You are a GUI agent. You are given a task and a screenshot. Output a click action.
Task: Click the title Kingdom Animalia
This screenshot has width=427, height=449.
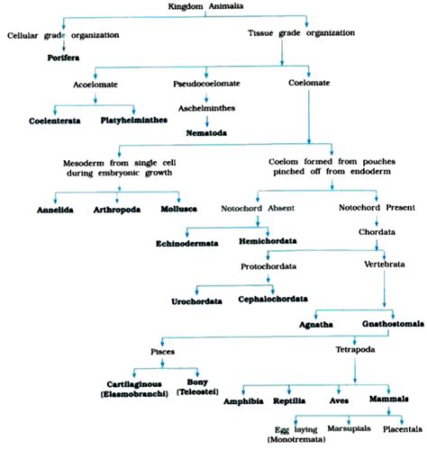[x=212, y=6]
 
